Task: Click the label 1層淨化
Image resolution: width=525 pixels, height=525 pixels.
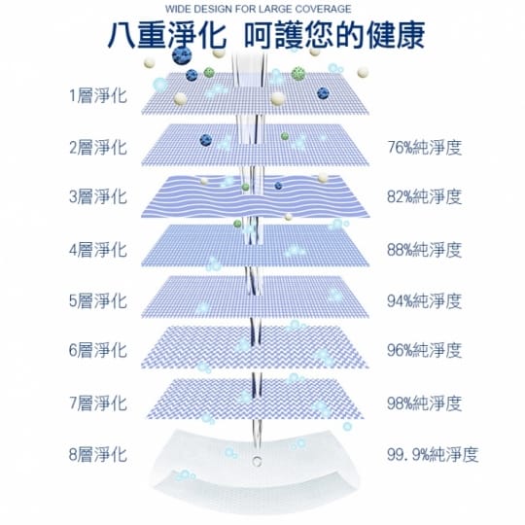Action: point(98,95)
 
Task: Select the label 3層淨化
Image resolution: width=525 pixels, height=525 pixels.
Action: point(98,196)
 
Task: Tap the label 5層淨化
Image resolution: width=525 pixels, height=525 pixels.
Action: point(98,300)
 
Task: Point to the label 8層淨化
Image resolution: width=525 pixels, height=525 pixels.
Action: point(98,454)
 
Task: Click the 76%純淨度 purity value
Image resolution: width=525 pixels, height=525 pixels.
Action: point(425,148)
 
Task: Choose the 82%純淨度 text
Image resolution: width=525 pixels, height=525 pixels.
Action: point(425,196)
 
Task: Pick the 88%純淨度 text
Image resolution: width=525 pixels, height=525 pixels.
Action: point(425,250)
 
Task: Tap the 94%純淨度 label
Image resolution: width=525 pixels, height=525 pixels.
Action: point(425,300)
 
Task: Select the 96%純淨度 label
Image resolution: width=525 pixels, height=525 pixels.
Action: point(425,350)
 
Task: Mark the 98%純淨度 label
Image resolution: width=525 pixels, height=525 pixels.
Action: point(425,403)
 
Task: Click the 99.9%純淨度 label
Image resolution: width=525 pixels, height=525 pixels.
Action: point(433,454)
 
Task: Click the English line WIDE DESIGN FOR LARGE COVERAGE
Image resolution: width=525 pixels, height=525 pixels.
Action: point(259,9)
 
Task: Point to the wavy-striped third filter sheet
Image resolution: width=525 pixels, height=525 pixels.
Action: point(256,196)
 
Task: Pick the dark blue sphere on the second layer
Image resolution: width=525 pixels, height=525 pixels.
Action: point(205,140)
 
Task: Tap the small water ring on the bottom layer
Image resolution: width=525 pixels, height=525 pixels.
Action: point(257,462)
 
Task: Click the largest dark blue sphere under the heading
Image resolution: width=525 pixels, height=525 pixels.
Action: point(182,55)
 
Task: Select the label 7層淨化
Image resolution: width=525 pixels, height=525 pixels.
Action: point(98,403)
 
